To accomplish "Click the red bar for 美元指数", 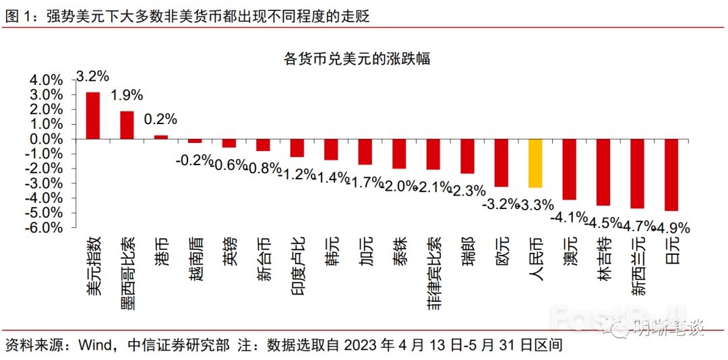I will point(93,115).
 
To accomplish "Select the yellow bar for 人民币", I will point(535,163).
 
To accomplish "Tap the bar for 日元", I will point(671,175).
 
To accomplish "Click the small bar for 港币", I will point(161,137).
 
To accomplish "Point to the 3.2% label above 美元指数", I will point(93,76).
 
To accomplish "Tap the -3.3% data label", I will point(535,204).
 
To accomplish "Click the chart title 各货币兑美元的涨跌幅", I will point(357,59).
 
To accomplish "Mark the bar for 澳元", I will point(570,169).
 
